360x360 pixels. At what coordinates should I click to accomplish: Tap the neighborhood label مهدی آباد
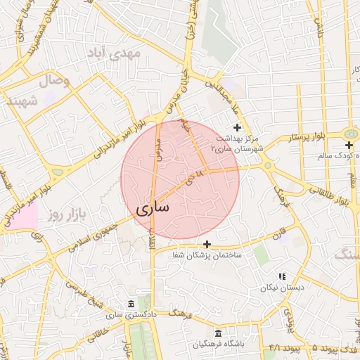point(114,53)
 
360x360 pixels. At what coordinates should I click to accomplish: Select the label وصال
point(57,82)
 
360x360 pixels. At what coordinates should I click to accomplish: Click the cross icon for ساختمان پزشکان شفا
point(206,243)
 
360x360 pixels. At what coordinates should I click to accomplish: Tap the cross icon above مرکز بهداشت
point(237,127)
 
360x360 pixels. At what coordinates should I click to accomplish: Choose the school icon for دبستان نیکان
point(282,277)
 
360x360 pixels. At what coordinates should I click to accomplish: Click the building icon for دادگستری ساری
point(131,304)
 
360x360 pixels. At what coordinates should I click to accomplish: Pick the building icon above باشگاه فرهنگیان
point(218,333)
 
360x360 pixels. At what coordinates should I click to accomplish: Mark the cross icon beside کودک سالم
point(349,144)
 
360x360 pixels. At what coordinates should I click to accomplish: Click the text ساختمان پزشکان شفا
point(207,255)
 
